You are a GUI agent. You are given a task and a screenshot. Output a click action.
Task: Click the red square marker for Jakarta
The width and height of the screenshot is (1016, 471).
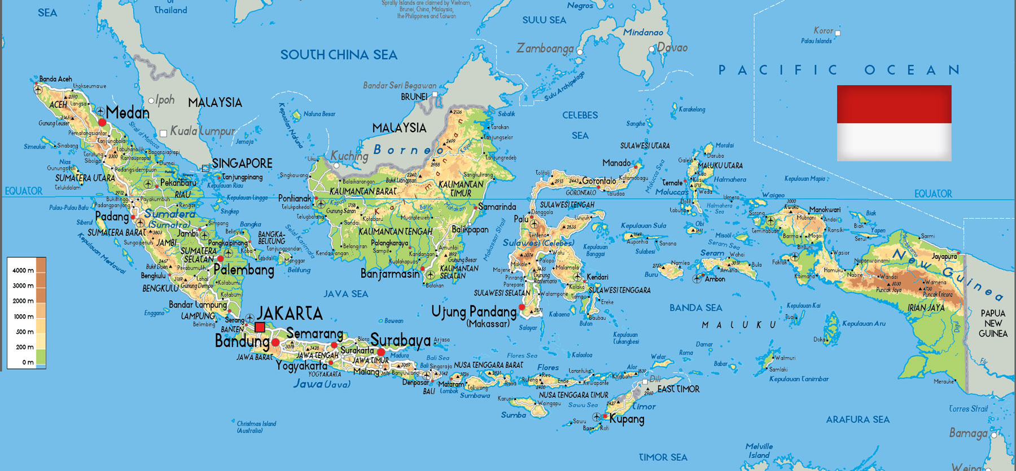click(x=260, y=327)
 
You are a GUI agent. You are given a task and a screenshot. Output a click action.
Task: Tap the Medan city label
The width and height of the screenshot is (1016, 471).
click(x=128, y=112)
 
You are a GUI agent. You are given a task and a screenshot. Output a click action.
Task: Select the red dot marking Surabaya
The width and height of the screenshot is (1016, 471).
click(x=381, y=352)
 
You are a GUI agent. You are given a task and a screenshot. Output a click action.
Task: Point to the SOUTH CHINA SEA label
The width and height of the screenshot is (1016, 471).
click(x=339, y=55)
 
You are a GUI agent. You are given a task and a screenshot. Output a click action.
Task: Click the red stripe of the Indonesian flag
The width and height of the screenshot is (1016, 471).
click(x=894, y=104)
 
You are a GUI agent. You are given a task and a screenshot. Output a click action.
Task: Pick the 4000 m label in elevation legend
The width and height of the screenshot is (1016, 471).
click(x=23, y=270)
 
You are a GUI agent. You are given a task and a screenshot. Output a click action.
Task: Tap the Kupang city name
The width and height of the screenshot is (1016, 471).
click(x=627, y=419)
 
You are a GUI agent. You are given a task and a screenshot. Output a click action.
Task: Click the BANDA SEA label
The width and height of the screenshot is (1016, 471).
click(x=695, y=307)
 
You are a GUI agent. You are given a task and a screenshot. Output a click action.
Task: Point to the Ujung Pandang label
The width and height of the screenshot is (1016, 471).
click(x=474, y=311)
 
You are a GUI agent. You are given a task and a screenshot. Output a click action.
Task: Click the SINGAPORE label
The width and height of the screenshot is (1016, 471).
click(x=242, y=163)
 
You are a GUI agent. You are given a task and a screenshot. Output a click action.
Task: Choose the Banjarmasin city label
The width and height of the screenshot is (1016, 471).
click(x=390, y=274)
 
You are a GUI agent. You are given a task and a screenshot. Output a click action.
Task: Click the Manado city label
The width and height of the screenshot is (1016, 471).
click(x=616, y=163)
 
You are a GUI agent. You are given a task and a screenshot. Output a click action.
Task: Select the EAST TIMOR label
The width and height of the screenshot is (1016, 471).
click(x=678, y=389)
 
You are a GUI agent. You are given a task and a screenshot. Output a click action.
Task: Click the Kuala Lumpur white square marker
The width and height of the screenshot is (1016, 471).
click(x=163, y=134)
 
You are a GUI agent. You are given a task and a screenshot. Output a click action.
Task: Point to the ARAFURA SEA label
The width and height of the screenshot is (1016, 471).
click(x=857, y=419)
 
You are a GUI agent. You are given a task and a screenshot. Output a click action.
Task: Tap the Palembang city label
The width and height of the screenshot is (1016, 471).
click(x=244, y=270)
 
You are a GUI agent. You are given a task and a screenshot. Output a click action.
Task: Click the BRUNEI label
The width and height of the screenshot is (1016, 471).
click(x=414, y=96)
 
